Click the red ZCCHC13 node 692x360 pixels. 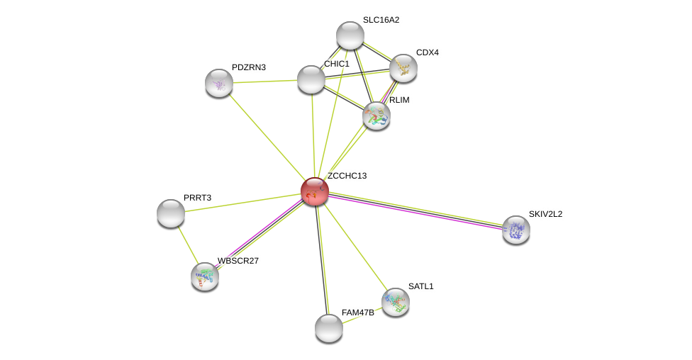pos(315,191)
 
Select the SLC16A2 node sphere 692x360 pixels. pos(350,35)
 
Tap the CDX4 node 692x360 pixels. pos(403,68)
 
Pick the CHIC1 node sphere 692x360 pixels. pos(311,79)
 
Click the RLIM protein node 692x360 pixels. pos(376,116)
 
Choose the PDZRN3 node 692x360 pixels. pos(219,83)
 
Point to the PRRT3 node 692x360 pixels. pos(171,213)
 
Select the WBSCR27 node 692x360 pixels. pos(205,276)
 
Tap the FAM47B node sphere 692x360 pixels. pos(329,328)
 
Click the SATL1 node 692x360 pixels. pos(396,302)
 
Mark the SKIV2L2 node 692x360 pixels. pos(516,230)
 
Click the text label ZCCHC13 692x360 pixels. pos(347,176)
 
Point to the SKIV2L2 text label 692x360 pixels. pos(545,214)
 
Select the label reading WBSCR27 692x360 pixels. pos(238,261)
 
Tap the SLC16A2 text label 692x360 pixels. pos(381,20)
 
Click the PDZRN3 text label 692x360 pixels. pos(249,67)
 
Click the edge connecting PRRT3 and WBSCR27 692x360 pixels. pos(188,245)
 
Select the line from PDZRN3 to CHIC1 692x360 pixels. pos(264,81)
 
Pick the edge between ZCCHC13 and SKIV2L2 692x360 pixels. pos(415,211)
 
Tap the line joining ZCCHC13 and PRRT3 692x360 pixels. pos(242,203)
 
